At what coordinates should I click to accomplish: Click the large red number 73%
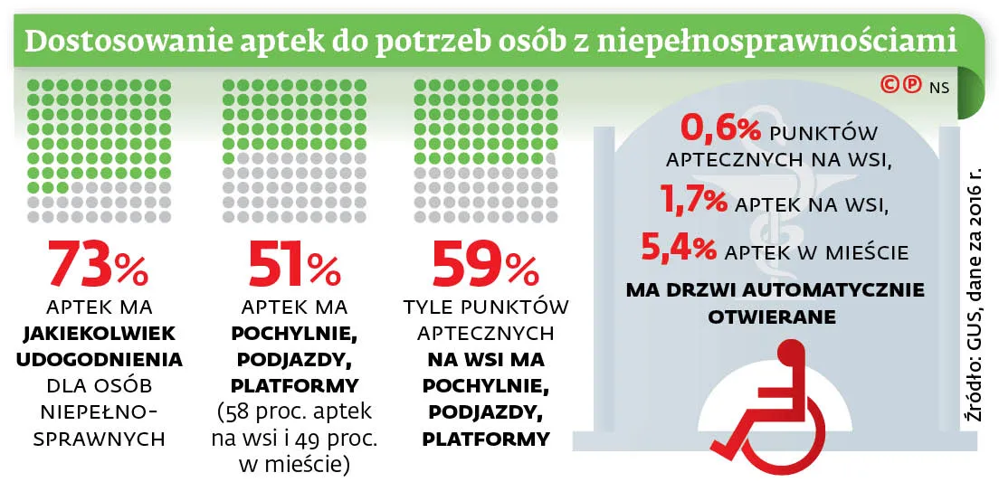click(98, 264)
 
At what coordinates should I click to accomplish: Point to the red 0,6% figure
click(720, 131)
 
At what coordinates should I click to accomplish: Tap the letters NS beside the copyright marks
click(938, 87)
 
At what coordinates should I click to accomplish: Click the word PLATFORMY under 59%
click(486, 440)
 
